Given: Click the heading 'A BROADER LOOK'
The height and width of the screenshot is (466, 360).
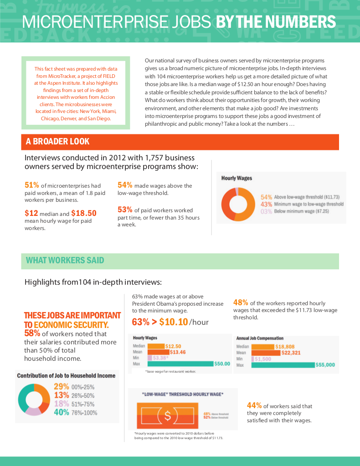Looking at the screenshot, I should tap(57, 142).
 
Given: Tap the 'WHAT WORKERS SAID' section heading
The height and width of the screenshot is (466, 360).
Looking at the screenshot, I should tap(65, 261).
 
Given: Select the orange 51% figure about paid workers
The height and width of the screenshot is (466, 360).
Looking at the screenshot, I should tap(31, 185).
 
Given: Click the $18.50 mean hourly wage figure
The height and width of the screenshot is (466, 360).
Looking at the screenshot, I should tap(84, 213).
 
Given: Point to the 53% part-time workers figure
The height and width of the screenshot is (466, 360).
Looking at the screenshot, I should tap(125, 210).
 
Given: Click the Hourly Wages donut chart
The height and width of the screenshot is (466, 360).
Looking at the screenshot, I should tap(238, 204).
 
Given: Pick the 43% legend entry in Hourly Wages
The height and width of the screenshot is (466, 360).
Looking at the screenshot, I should tap(267, 204).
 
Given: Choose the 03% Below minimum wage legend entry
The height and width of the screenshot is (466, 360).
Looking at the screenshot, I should tap(267, 211).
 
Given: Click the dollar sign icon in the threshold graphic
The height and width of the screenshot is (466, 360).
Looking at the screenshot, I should tap(168, 415).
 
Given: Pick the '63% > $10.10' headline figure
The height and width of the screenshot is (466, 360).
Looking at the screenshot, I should tap(160, 322).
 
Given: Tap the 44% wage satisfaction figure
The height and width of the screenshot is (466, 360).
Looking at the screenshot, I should tap(254, 405).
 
